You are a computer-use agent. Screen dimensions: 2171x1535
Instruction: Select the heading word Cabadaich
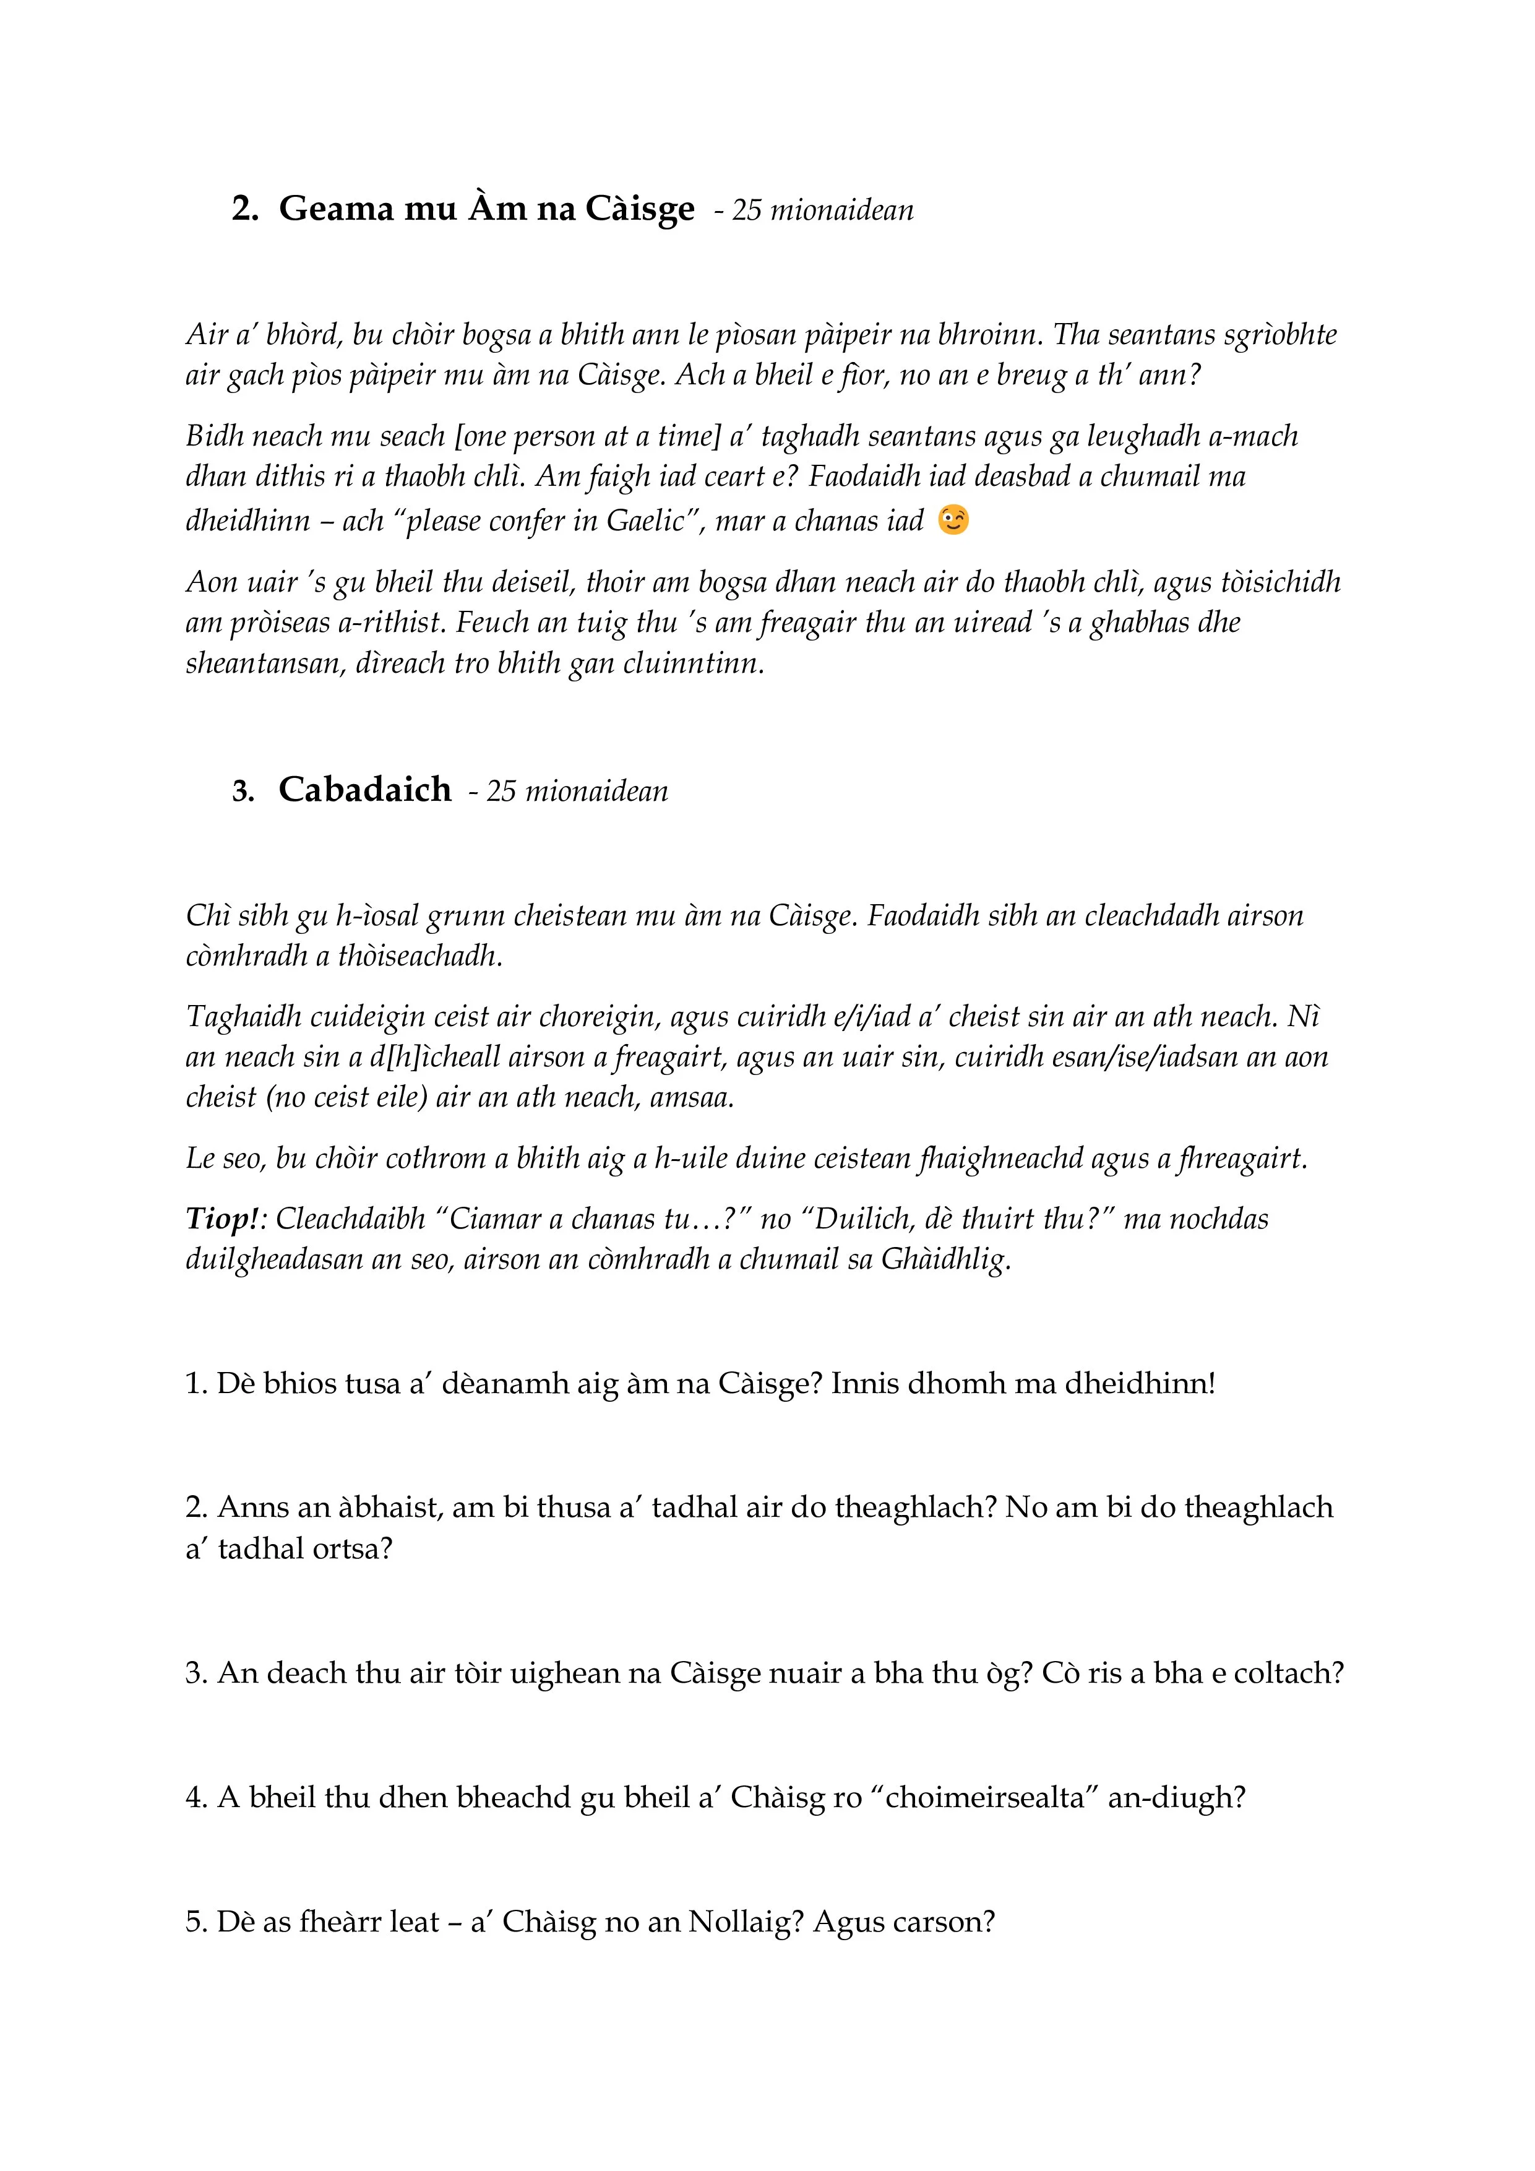tap(365, 790)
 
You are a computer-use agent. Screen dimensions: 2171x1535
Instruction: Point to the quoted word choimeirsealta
tap(985, 1797)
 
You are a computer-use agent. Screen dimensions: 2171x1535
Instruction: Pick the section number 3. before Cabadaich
tap(244, 792)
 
